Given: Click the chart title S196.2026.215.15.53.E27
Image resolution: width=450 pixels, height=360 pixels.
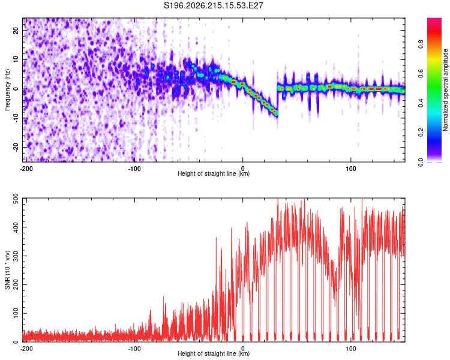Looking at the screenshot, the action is point(213,5).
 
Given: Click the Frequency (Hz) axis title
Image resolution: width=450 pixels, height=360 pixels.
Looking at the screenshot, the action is point(7,89).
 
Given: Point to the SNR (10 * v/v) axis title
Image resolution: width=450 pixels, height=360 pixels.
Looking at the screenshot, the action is point(7,270).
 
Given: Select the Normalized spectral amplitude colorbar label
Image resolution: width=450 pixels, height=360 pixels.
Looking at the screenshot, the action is point(445,90).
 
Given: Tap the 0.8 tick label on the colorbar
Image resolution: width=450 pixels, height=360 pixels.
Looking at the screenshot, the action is point(421,44).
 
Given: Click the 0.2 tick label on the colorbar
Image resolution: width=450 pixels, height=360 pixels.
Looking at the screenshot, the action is point(421,133).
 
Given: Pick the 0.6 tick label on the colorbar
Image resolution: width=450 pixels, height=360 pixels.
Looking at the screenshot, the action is point(421,74).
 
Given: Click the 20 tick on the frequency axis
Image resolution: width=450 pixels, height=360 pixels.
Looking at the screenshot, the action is point(16,31).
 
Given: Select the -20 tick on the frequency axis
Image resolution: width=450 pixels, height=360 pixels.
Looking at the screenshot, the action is point(16,147).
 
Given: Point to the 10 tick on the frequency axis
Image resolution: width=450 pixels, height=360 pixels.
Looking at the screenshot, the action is point(16,60).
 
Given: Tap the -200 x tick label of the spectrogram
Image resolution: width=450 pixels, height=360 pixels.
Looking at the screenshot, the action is point(26,169).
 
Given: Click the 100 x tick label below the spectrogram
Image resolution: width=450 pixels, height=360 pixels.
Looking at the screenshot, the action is point(351,169).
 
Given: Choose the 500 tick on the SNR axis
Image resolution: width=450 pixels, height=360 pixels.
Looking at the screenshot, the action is point(16,199).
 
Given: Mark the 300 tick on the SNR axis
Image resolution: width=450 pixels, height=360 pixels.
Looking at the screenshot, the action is point(16,256).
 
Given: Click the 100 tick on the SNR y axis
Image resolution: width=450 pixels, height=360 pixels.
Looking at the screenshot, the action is point(16,313).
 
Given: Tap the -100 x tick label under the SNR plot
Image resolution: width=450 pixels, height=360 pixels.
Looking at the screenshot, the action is point(134,349).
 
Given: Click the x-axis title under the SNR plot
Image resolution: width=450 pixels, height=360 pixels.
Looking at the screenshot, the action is point(214,353).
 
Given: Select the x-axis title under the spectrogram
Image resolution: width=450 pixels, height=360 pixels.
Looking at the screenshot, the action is point(214,173).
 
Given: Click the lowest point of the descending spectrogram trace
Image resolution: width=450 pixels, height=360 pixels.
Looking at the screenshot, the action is point(277,116).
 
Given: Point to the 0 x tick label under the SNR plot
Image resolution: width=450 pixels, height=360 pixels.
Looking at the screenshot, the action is point(243,349).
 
